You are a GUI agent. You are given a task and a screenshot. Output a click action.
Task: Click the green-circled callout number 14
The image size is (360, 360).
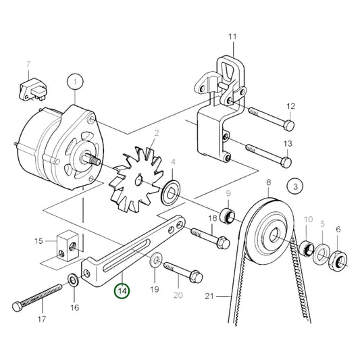[122, 291]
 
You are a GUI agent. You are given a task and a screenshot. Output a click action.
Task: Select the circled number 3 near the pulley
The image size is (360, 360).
[294, 184]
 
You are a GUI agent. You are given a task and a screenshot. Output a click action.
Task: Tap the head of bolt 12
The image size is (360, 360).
[288, 126]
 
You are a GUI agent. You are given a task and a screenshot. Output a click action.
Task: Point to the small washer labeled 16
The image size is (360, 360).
[72, 278]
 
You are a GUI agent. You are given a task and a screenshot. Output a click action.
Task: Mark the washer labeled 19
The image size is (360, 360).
[155, 258]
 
